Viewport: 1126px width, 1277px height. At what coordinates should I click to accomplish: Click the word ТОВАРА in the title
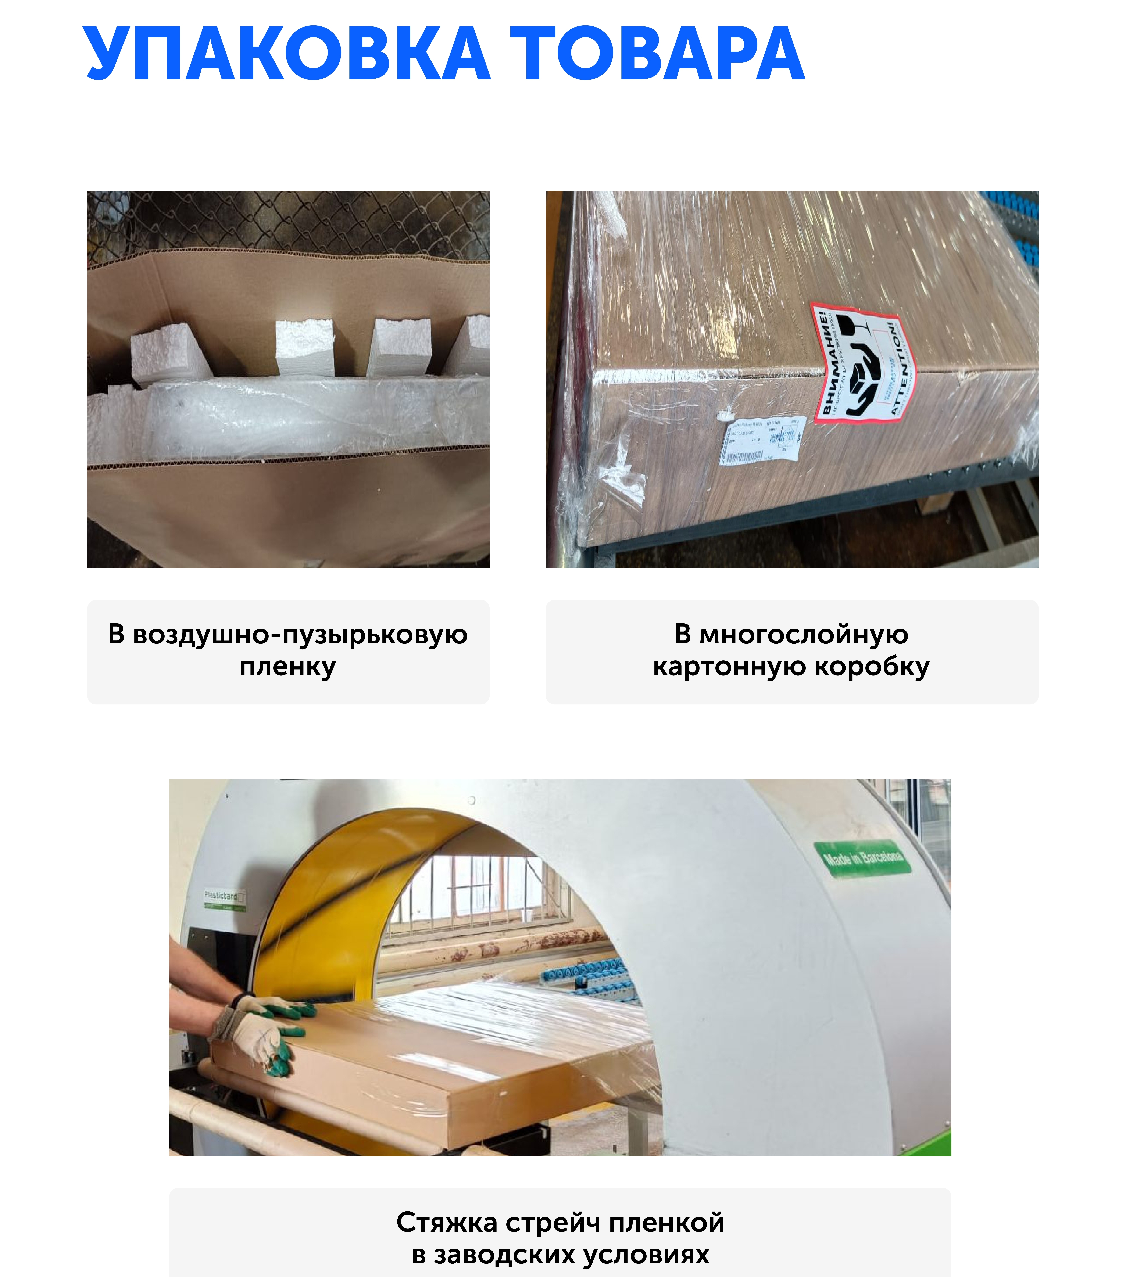coord(657,55)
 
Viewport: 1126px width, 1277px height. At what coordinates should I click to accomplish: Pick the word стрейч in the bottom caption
coord(553,1223)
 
